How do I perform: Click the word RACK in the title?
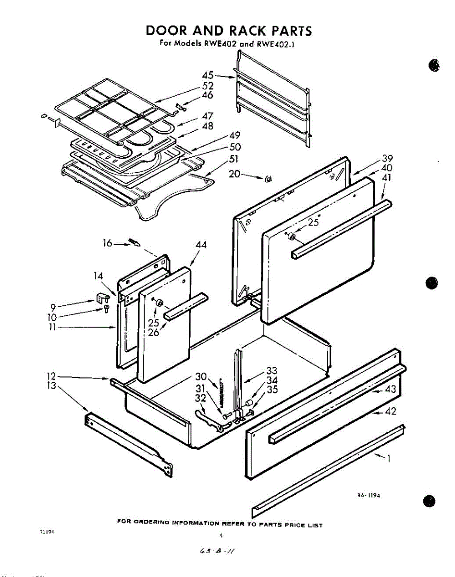click(246, 31)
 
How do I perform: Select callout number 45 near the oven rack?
click(208, 75)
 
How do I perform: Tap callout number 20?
click(234, 174)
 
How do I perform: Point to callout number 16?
click(108, 244)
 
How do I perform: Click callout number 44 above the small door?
click(201, 245)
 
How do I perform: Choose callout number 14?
click(98, 276)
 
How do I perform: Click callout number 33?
click(272, 371)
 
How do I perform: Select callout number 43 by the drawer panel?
click(391, 389)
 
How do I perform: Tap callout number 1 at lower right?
click(388, 459)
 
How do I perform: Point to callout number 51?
click(234, 159)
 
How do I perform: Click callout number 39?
click(387, 158)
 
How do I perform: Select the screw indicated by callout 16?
click(135, 241)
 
